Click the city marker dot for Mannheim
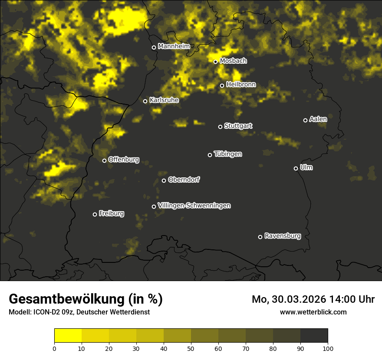point(154,48)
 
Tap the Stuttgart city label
point(238,126)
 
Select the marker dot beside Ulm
point(296,168)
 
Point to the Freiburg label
point(111,213)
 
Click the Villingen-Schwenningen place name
point(194,206)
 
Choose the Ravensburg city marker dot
point(260,237)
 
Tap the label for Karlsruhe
point(164,100)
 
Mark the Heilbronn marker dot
point(222,85)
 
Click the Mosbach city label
point(233,61)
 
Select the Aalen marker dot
point(305,120)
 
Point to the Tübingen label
point(228,154)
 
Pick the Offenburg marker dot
point(104,160)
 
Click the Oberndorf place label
point(184,180)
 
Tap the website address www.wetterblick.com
point(313,312)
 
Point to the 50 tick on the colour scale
point(191,348)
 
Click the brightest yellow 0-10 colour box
point(68,336)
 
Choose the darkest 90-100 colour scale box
point(314,336)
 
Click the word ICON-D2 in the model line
point(44,312)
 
